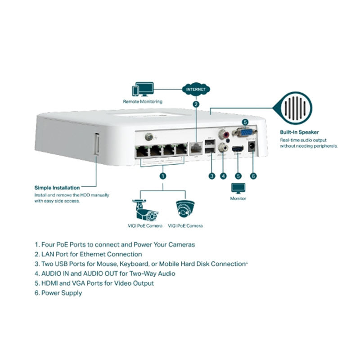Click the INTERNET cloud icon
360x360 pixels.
point(196,89)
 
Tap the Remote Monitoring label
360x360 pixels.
point(142,102)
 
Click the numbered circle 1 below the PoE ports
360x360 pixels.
point(163,176)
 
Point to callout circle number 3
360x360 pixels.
point(211,176)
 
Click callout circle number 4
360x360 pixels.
point(223,176)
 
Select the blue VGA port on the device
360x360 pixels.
point(244,132)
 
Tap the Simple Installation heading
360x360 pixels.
point(57,187)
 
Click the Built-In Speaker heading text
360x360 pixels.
point(299,132)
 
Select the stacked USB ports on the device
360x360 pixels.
point(209,147)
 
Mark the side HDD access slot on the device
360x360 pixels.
point(96,144)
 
